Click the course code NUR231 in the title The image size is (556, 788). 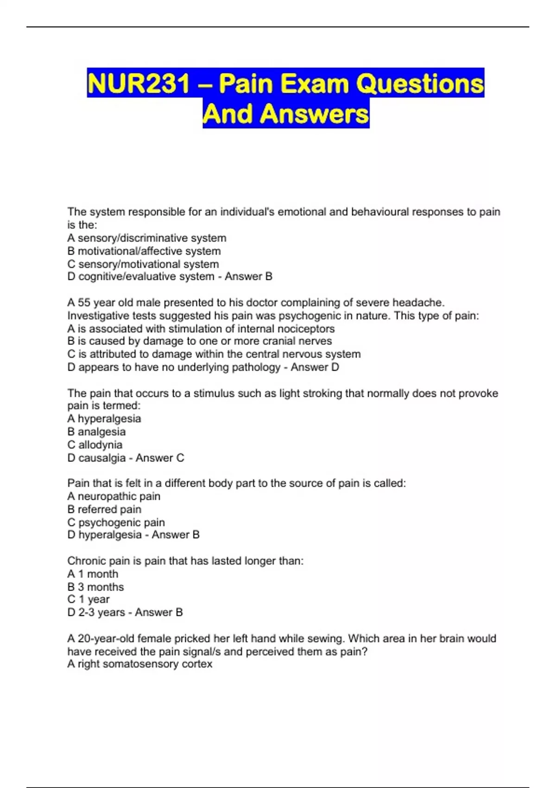(138, 84)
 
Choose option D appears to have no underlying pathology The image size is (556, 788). (174, 367)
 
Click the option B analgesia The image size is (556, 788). (96, 432)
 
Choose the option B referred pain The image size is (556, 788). (104, 509)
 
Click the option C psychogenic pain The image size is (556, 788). (116, 522)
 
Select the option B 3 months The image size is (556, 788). (95, 587)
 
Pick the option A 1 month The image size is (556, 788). (93, 574)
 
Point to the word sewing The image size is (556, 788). (328, 638)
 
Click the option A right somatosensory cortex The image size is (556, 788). (139, 664)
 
